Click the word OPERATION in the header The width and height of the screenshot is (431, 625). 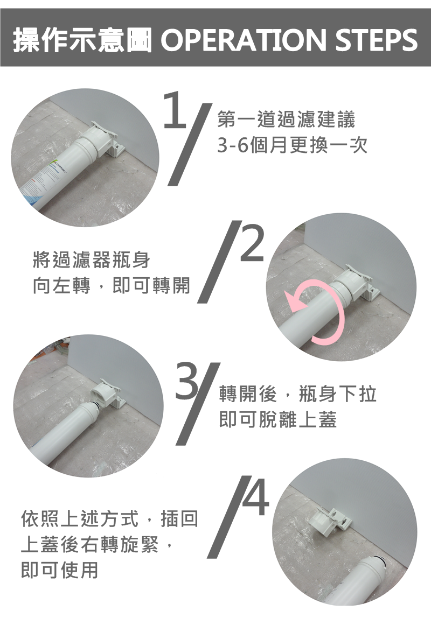pyautogui.click(x=243, y=40)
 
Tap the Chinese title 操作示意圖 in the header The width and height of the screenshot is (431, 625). pyautogui.click(x=82, y=40)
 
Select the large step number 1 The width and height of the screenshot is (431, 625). pyautogui.click(x=175, y=109)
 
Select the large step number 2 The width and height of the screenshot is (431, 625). pyautogui.click(x=252, y=243)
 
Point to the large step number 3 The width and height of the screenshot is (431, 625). pyautogui.click(x=187, y=381)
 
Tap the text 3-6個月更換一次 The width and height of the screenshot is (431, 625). pyautogui.click(x=292, y=145)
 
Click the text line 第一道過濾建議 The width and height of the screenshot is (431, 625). pyautogui.click(x=286, y=119)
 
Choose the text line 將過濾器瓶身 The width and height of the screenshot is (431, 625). pyautogui.click(x=92, y=260)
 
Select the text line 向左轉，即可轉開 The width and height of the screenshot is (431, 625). pyautogui.click(x=112, y=285)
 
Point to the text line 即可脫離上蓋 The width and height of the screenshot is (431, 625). pyautogui.click(x=278, y=419)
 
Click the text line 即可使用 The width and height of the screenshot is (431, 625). pyautogui.click(x=60, y=570)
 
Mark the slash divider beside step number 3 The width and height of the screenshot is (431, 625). pyautogui.click(x=198, y=404)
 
